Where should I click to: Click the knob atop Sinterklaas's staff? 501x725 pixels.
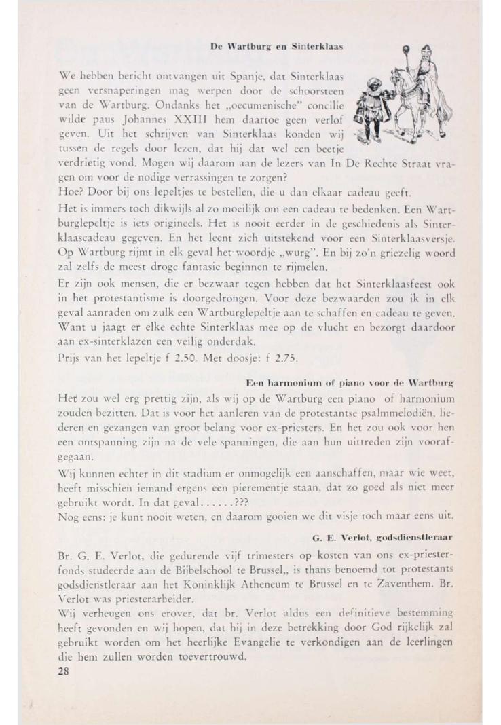[406, 49]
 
